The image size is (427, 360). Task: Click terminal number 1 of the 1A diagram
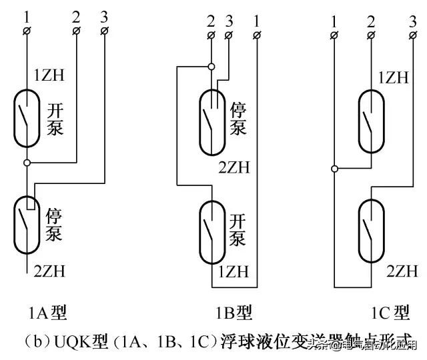[x=27, y=31]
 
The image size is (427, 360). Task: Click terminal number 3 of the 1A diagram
[x=105, y=31]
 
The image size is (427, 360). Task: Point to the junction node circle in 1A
[x=27, y=163]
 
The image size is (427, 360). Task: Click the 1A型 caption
[x=47, y=311]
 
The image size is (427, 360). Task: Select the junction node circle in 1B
[x=211, y=67]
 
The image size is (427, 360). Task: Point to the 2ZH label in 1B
[x=234, y=167]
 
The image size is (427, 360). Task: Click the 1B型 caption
[x=234, y=311]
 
